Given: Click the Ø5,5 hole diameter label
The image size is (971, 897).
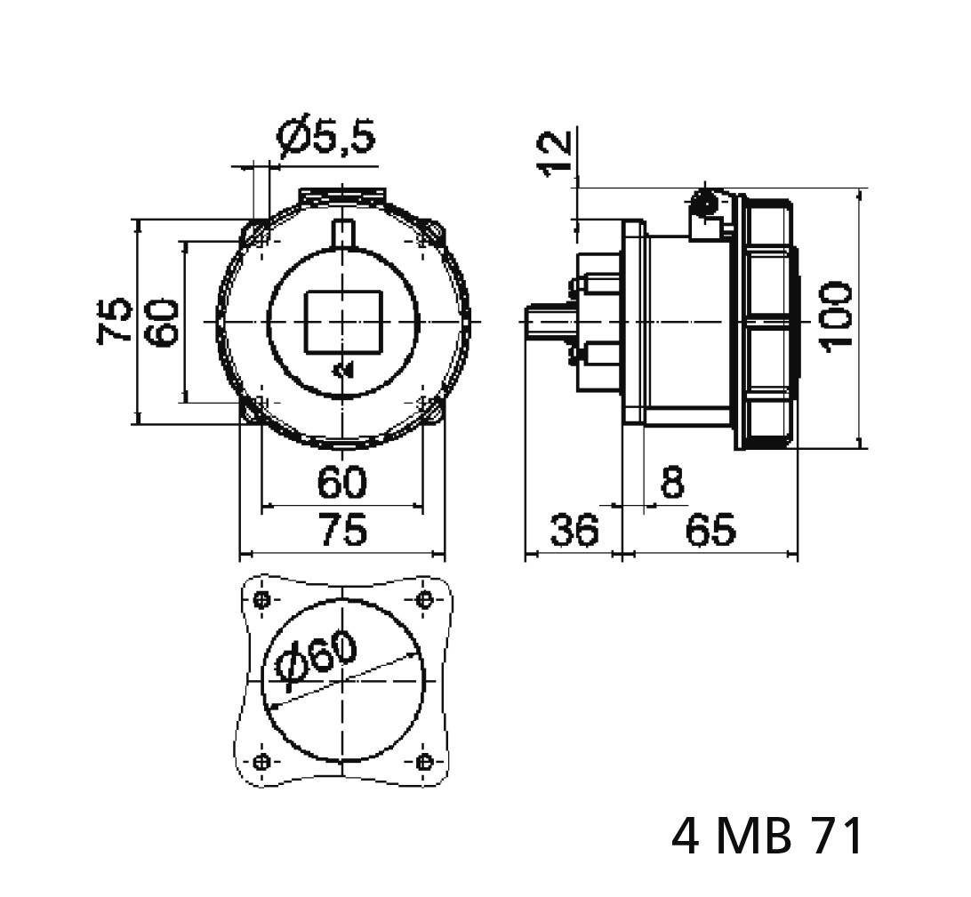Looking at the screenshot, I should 326,137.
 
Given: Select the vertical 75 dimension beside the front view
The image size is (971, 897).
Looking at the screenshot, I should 116,320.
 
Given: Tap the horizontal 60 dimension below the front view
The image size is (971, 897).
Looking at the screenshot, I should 342,483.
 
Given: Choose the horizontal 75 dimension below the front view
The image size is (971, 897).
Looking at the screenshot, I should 342,531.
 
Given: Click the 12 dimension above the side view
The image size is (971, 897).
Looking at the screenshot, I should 556,153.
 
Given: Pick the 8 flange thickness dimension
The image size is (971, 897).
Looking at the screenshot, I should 673,483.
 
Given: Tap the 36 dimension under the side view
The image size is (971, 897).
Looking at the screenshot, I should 574,531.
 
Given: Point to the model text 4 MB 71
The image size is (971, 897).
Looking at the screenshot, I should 767,837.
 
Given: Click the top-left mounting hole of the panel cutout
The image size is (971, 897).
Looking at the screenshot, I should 261,599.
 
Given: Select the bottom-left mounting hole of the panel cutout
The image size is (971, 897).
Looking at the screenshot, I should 261,762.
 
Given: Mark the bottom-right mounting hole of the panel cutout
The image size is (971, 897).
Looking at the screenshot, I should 424,762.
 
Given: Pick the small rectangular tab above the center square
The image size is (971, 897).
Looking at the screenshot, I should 343,232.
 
